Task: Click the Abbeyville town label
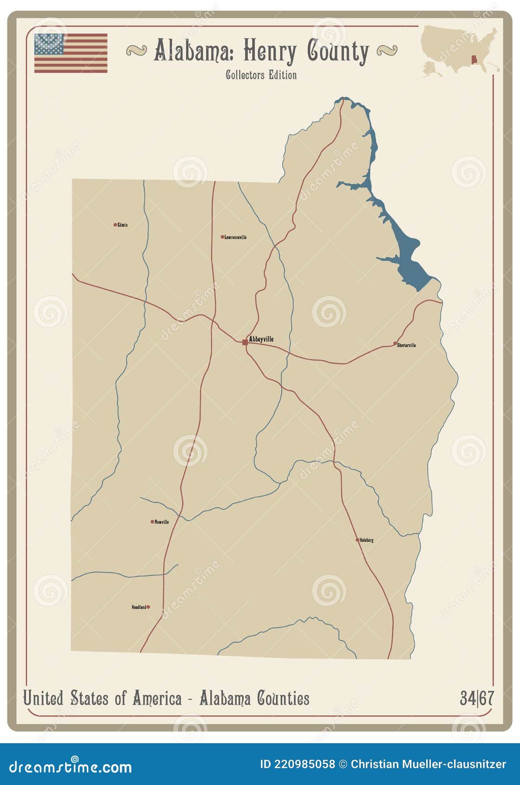(x=261, y=339)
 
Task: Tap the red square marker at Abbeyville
(x=245, y=342)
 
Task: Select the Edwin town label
(x=123, y=225)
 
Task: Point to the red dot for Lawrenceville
(x=222, y=237)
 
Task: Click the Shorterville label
(x=407, y=345)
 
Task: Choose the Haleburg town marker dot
(x=357, y=540)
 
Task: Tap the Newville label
(x=162, y=522)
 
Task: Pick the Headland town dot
(x=148, y=607)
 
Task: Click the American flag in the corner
(x=71, y=53)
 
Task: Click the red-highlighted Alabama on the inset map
(x=474, y=60)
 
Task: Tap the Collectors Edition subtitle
(x=261, y=75)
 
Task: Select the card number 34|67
(x=477, y=698)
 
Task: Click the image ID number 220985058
(x=304, y=764)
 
